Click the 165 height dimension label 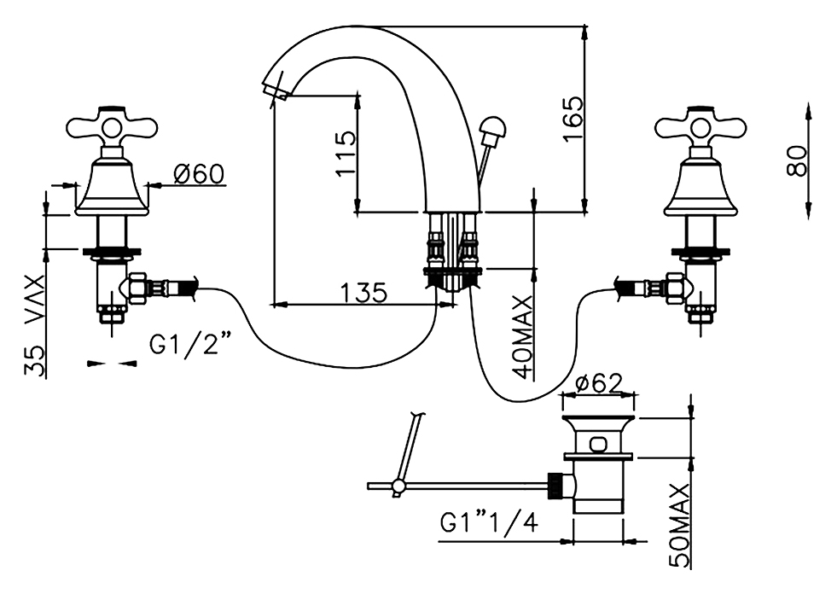[573, 119]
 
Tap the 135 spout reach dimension [363, 293]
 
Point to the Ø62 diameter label [600, 383]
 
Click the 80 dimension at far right [797, 160]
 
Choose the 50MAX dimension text [679, 526]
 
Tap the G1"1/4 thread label [489, 523]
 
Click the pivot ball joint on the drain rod [397, 486]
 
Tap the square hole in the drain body [598, 444]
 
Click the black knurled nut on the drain [555, 486]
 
